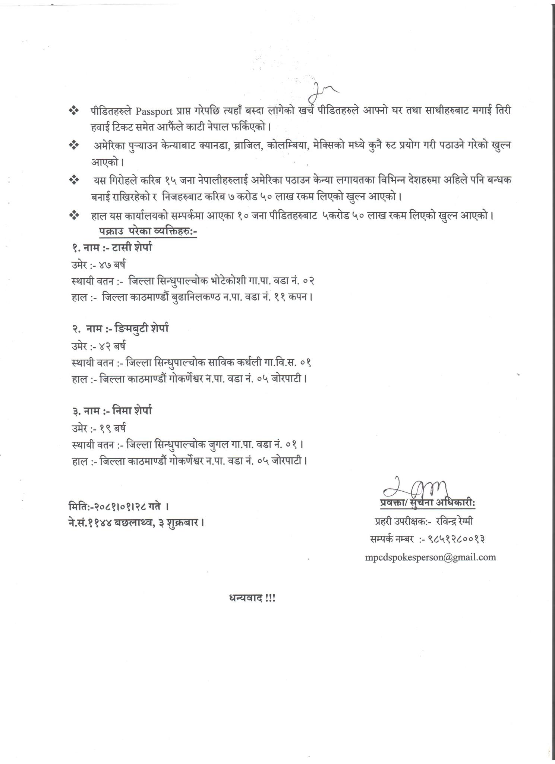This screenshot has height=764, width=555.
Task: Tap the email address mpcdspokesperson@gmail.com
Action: [431, 557]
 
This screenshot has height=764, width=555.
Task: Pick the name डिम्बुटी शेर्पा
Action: [142, 329]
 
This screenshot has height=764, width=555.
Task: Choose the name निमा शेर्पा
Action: [133, 411]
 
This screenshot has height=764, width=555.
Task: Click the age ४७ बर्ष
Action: [112, 265]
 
